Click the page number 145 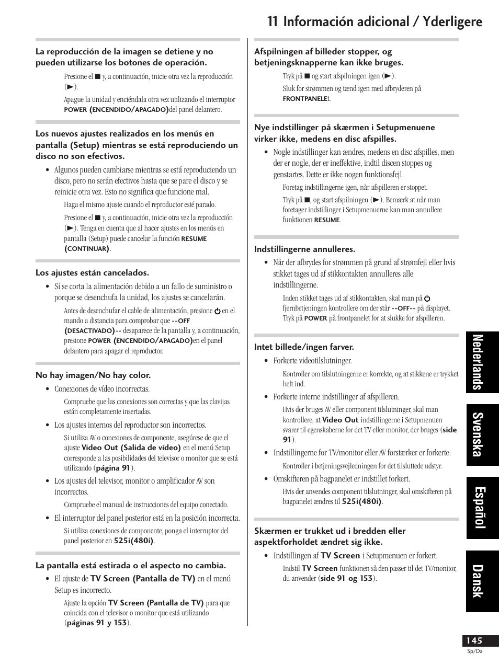tap(474, 640)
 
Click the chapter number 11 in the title tap(273, 21)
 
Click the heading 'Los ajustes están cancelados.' tap(93, 272)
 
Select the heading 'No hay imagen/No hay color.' tap(93, 375)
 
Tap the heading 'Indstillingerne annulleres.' tap(305, 249)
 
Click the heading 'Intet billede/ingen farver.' tap(304, 347)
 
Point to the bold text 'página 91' tap(113, 468)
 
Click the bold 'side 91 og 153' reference tap(347, 578)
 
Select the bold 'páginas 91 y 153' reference tap(97, 623)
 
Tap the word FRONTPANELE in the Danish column tap(305, 98)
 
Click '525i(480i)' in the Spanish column tap(134, 541)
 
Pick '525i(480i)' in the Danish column tap(362, 501)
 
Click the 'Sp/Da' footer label tap(474, 651)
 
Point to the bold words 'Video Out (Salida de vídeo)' tap(131, 448)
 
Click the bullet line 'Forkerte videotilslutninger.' tap(312, 361)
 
